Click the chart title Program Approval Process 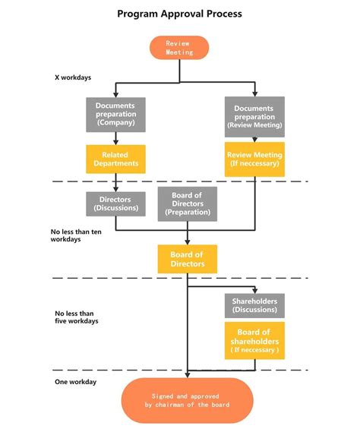[180, 14]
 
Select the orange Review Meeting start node [180, 48]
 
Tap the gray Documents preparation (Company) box [115, 114]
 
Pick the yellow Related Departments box [115, 159]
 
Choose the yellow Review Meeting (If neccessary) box [254, 159]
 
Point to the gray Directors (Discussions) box [115, 203]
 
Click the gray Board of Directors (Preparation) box [187, 203]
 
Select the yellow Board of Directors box [187, 259]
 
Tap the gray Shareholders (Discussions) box [254, 305]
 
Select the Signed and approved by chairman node [187, 399]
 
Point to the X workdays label [69, 77]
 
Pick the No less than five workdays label [77, 317]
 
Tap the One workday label [75, 381]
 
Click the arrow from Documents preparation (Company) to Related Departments [115, 137]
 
